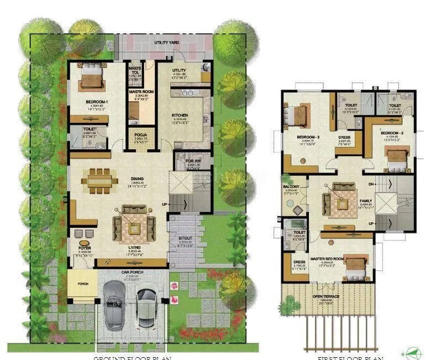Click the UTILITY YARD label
[x=168, y=42]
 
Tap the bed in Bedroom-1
[x=92, y=76]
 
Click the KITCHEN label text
[x=180, y=115]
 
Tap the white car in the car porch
[x=146, y=305]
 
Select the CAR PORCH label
[x=133, y=273]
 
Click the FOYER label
[x=85, y=248]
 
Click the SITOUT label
[x=185, y=239]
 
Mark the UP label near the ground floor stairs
[x=165, y=205]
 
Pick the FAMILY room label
[x=365, y=201]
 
